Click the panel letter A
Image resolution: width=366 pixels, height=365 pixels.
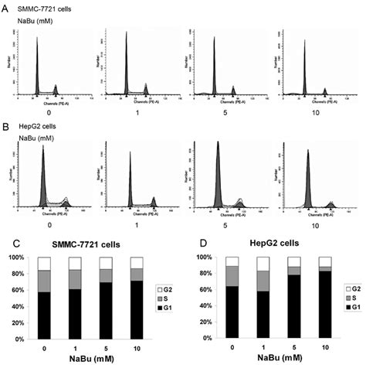[x=5, y=6]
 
